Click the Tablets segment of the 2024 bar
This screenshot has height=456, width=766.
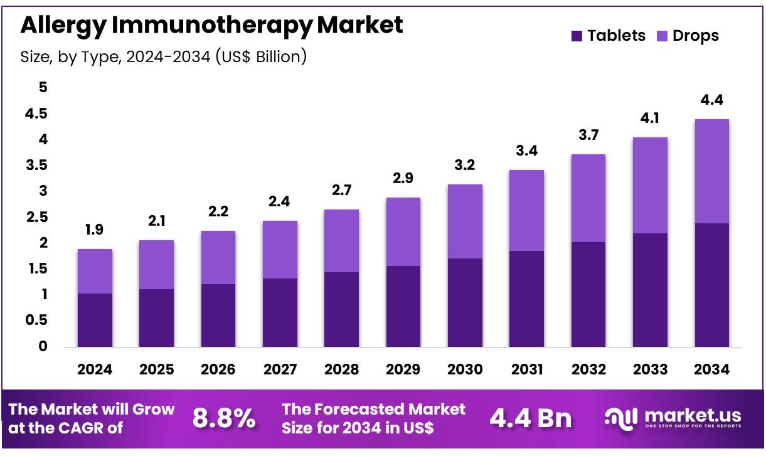(x=95, y=320)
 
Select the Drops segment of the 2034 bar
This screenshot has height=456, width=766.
(x=711, y=171)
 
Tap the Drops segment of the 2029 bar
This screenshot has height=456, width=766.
(x=403, y=231)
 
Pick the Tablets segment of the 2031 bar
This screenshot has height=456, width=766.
(x=526, y=299)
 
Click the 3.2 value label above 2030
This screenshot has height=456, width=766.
(x=465, y=166)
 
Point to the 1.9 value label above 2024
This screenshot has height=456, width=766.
(x=95, y=230)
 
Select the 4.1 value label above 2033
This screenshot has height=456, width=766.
(x=650, y=119)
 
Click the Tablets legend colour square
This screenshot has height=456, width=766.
(x=577, y=36)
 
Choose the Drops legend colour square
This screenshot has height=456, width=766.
(x=661, y=36)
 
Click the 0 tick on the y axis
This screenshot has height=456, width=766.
(x=43, y=346)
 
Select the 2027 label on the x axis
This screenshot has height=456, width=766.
(x=280, y=369)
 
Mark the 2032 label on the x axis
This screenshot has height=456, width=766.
(x=588, y=369)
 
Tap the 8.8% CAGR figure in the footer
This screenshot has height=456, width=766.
(x=224, y=418)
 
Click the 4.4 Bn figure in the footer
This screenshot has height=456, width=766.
(x=530, y=418)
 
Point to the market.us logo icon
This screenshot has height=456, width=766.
(x=621, y=417)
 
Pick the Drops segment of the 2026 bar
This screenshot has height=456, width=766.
(x=218, y=257)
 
